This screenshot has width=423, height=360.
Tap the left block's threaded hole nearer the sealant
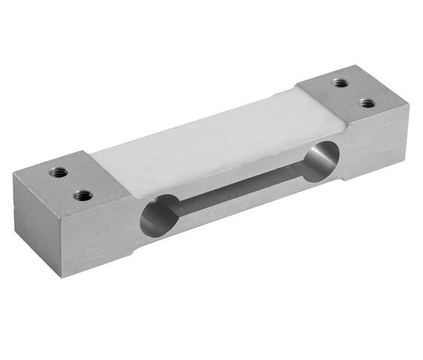tap(84, 196)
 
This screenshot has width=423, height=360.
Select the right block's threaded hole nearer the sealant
tap(340, 83)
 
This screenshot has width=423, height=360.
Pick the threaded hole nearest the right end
tap(367, 103)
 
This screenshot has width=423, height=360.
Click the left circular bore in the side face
tap(157, 215)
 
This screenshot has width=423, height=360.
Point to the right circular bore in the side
tap(320, 162)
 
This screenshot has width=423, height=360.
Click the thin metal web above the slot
tap(237, 172)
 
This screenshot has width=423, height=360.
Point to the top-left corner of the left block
tap(14, 173)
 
